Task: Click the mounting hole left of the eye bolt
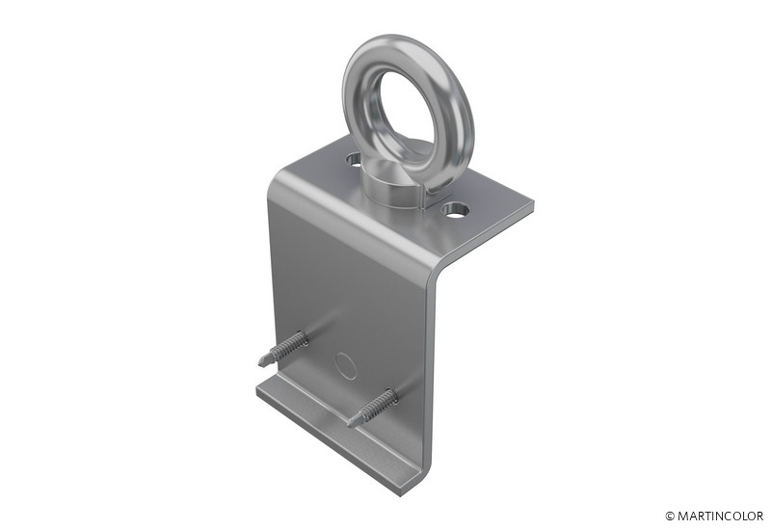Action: click(354, 158)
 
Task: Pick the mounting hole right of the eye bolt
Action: click(455, 210)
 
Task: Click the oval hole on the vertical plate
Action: click(346, 365)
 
